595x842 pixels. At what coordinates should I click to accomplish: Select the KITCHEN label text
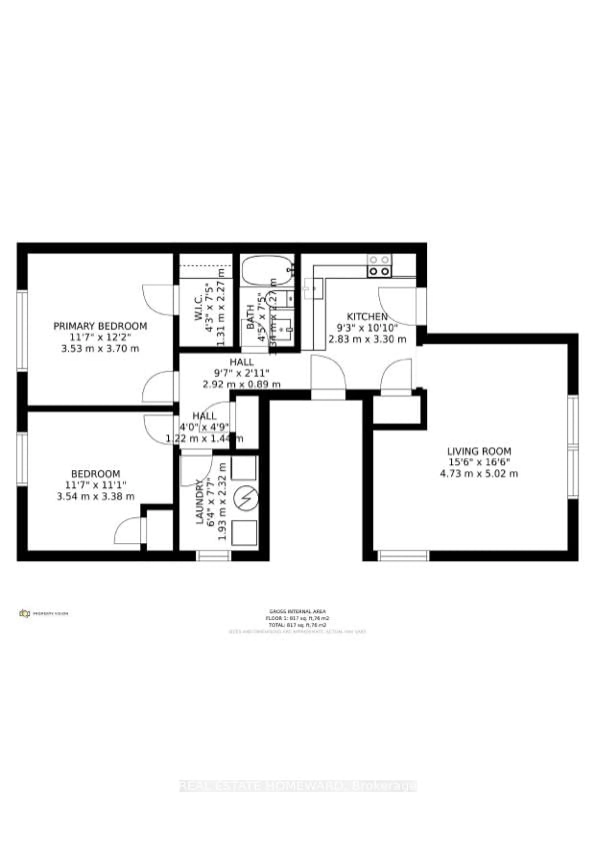367,316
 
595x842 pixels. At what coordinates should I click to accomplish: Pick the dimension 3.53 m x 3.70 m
100,348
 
